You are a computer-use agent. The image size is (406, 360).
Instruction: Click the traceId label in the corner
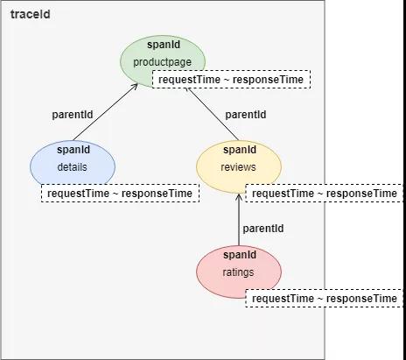(x=31, y=14)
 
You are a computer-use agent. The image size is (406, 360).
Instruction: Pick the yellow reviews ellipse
(x=239, y=166)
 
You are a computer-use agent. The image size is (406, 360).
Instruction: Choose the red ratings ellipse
(x=239, y=272)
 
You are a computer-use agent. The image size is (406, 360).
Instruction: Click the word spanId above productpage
(x=164, y=45)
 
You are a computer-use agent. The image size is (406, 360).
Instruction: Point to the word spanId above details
(x=73, y=150)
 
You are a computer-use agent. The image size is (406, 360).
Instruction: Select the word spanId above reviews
(x=240, y=150)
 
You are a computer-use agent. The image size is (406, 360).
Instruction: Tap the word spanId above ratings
(x=240, y=255)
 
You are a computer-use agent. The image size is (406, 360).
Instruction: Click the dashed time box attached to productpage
(x=231, y=79)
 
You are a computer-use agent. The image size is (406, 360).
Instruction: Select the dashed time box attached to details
(x=120, y=193)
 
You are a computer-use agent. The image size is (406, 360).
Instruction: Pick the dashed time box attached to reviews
(x=325, y=193)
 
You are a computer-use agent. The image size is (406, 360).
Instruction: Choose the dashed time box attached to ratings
(x=325, y=298)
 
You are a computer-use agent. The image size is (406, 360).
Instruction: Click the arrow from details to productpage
(x=105, y=112)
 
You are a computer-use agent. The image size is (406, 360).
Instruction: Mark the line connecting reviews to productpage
(x=213, y=114)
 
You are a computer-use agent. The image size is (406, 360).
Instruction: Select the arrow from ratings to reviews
(x=239, y=220)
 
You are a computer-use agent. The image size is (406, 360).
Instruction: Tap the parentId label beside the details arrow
(x=73, y=115)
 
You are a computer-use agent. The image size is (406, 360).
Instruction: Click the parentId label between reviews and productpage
(x=246, y=115)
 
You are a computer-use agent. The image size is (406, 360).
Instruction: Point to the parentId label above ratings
(x=263, y=229)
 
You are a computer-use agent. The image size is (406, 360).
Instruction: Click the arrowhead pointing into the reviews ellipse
(x=239, y=196)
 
